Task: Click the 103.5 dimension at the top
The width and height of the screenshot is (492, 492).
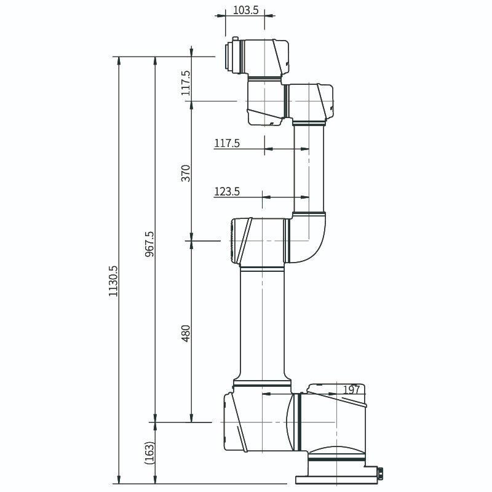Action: point(245,10)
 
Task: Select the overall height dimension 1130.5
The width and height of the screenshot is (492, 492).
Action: point(113,282)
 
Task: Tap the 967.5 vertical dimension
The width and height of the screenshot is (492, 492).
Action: point(149,244)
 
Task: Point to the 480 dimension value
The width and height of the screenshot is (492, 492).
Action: point(186,332)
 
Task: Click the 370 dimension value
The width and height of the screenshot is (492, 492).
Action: point(186,172)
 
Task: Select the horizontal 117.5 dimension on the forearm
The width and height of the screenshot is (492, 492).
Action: point(226,143)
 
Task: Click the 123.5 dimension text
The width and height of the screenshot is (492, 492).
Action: point(226,192)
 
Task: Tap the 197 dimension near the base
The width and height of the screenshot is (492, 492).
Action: point(351,389)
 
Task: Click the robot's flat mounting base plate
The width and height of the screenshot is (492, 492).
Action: point(337,479)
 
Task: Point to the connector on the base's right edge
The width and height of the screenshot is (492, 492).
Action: point(379,473)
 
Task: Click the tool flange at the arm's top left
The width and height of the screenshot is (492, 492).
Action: point(233,56)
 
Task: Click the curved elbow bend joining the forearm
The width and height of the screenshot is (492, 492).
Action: point(311,237)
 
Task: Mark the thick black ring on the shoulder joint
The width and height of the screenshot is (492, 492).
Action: point(300,422)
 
